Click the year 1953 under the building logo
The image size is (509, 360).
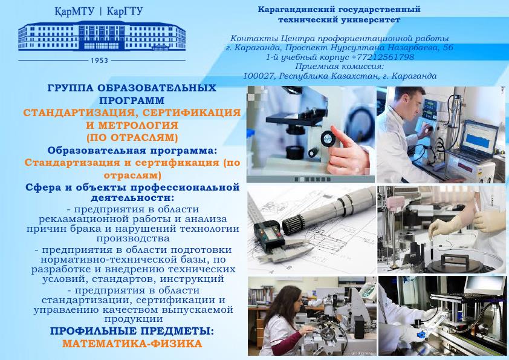[99, 61]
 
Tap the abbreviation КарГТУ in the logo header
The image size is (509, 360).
[125, 11]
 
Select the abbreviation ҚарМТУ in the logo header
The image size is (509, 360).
[74, 11]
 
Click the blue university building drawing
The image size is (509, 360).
[102, 36]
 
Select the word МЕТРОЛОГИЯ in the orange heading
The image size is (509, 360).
[138, 125]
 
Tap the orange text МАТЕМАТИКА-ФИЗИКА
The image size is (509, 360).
[132, 344]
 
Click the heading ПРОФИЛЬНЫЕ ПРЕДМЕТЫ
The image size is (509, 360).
[132, 331]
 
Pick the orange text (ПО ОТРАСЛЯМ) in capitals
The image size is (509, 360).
[132, 137]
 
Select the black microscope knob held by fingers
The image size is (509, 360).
[328, 139]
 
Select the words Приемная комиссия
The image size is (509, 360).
[340, 67]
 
